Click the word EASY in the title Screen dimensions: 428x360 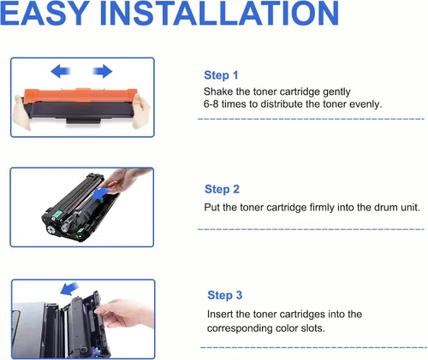tap(45, 13)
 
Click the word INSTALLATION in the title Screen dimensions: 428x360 tap(219, 13)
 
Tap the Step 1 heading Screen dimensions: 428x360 tap(221, 75)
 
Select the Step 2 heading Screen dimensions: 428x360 tap(222, 189)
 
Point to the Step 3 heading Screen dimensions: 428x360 tap(225, 295)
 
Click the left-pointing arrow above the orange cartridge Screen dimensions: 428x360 tap(61, 71)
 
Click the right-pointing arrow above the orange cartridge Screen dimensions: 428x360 tap(103, 71)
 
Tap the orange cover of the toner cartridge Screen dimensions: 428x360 tap(80, 96)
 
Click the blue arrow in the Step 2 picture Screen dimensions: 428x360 tap(101, 194)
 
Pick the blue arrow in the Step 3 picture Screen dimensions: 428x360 tap(69, 288)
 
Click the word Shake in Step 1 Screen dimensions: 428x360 tap(218, 91)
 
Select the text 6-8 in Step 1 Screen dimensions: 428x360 tap(211, 104)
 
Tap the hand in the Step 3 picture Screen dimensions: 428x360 tap(125, 314)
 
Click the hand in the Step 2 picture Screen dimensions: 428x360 tap(126, 179)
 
